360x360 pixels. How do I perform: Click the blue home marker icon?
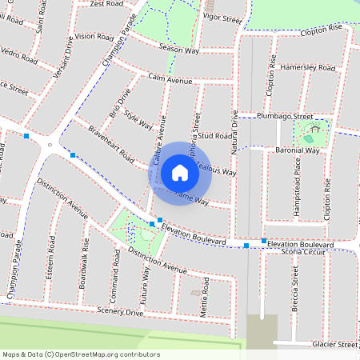pos(180,173)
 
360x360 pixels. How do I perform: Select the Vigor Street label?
pos(222,18)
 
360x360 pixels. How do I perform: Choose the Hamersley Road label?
pos(308,69)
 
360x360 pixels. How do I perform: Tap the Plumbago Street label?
pos(284,116)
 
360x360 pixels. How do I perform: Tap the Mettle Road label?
pos(206,295)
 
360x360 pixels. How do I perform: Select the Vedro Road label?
pos(19,58)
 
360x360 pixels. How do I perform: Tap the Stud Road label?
pos(216,137)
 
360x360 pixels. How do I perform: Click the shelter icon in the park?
pos(316,127)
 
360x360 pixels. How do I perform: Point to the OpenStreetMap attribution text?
pos(80,354)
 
